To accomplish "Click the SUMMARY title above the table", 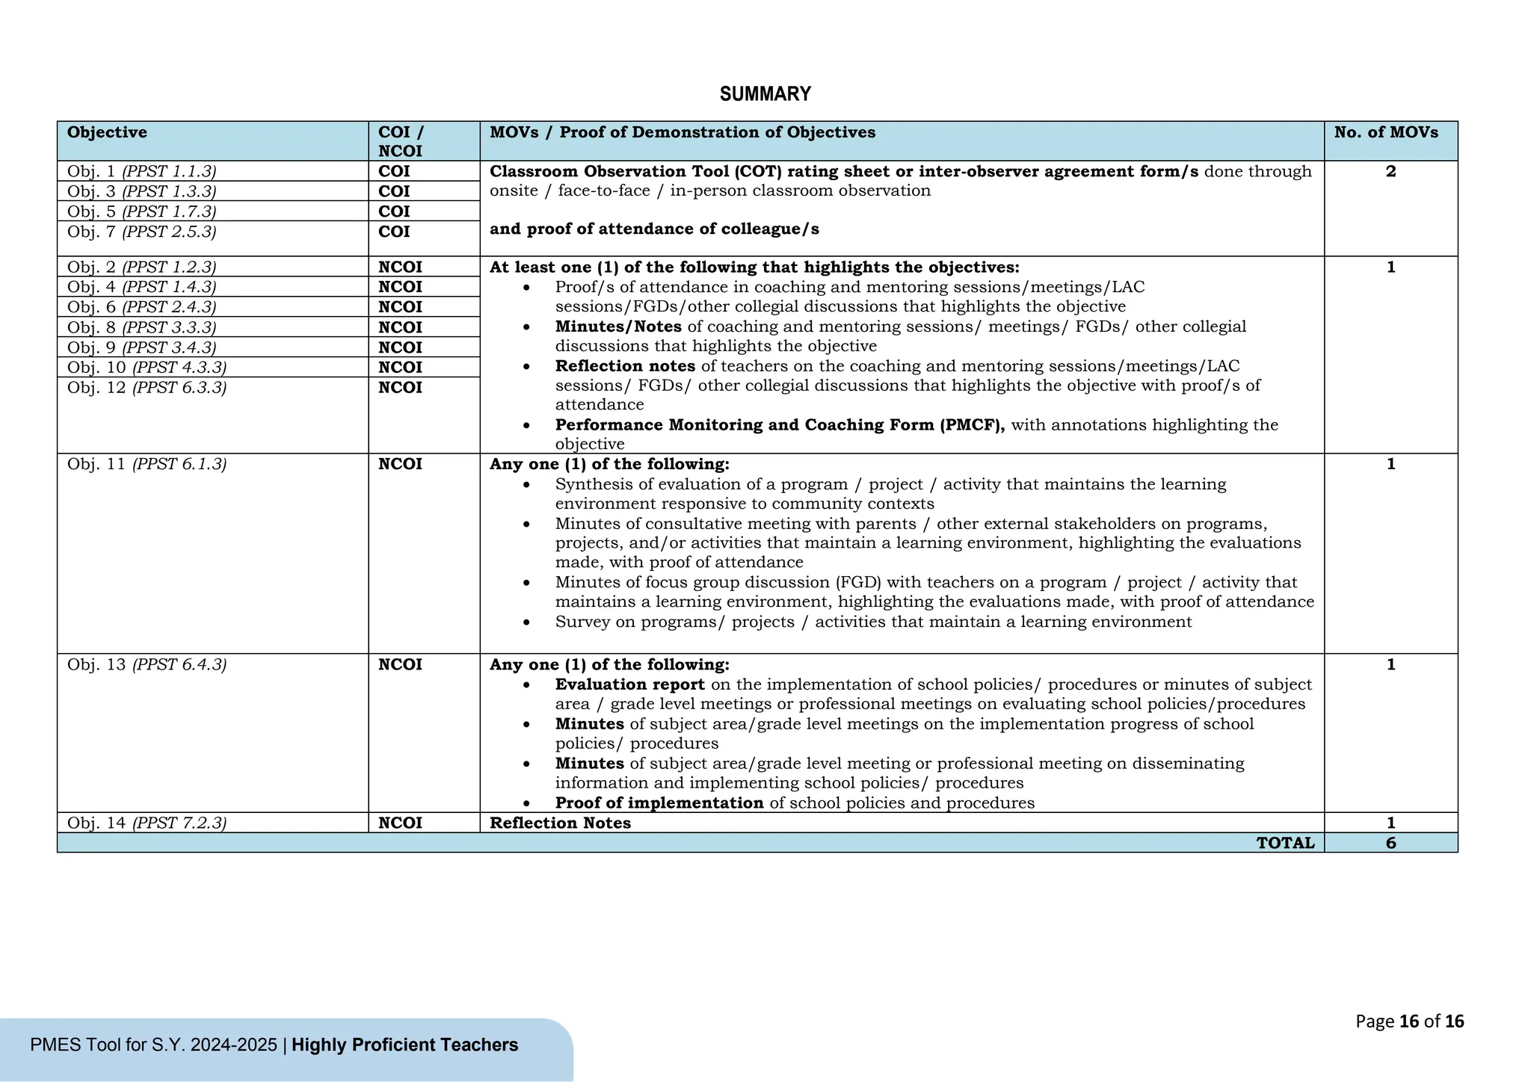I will point(765,94).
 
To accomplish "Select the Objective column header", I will point(107,132).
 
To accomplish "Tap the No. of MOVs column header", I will point(1386,132).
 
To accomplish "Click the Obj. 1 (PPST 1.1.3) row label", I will point(141,171).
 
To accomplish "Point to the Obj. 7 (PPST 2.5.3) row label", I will point(141,232).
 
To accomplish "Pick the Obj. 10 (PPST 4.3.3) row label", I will point(147,367).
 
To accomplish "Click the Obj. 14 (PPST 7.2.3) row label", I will point(147,823).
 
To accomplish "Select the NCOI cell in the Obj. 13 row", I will point(400,664).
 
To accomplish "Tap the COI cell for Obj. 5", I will point(394,211).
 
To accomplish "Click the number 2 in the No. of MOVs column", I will point(1390,171).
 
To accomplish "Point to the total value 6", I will point(1390,843).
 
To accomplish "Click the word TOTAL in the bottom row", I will point(1285,843).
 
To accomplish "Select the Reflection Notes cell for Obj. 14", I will point(560,823).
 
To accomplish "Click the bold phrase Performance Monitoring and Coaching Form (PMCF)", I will point(780,424).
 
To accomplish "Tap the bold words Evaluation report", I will point(629,684).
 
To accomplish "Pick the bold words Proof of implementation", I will point(659,803).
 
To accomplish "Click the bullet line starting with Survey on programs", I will point(873,622).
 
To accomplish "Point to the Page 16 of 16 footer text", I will point(1409,1021).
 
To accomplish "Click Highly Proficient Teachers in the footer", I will point(404,1045).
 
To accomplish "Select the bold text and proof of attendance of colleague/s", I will point(654,229).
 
